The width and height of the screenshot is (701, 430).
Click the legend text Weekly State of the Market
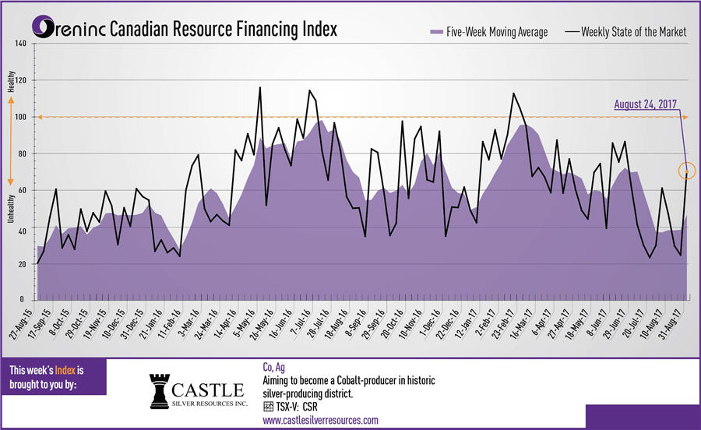[631, 32]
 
